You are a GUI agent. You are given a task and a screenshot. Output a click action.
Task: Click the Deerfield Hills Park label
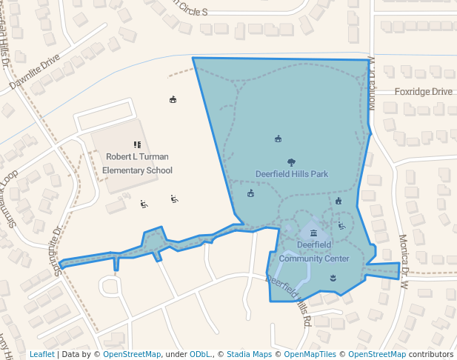[291, 174]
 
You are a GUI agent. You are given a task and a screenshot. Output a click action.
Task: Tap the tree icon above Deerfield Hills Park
[291, 162]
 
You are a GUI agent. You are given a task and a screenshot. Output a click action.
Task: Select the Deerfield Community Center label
[313, 251]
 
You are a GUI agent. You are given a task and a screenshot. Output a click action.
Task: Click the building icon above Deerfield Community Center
[313, 233]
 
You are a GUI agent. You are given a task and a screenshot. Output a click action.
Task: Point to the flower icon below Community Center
[333, 278]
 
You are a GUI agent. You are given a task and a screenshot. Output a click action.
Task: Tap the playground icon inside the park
[341, 225]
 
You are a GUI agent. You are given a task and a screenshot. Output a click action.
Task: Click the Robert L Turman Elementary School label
[137, 163]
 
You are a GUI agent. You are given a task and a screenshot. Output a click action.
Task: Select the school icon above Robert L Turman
[137, 144]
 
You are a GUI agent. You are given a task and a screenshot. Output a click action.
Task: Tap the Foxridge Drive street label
[423, 92]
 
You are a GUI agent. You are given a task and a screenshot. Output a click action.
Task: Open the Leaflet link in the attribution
[41, 354]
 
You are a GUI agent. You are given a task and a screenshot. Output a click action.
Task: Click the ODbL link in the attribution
[200, 354]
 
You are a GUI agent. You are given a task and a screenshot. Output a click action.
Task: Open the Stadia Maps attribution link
[249, 354]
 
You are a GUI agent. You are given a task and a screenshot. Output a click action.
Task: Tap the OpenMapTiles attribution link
[309, 354]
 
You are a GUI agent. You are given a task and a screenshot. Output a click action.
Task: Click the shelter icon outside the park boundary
[173, 100]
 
